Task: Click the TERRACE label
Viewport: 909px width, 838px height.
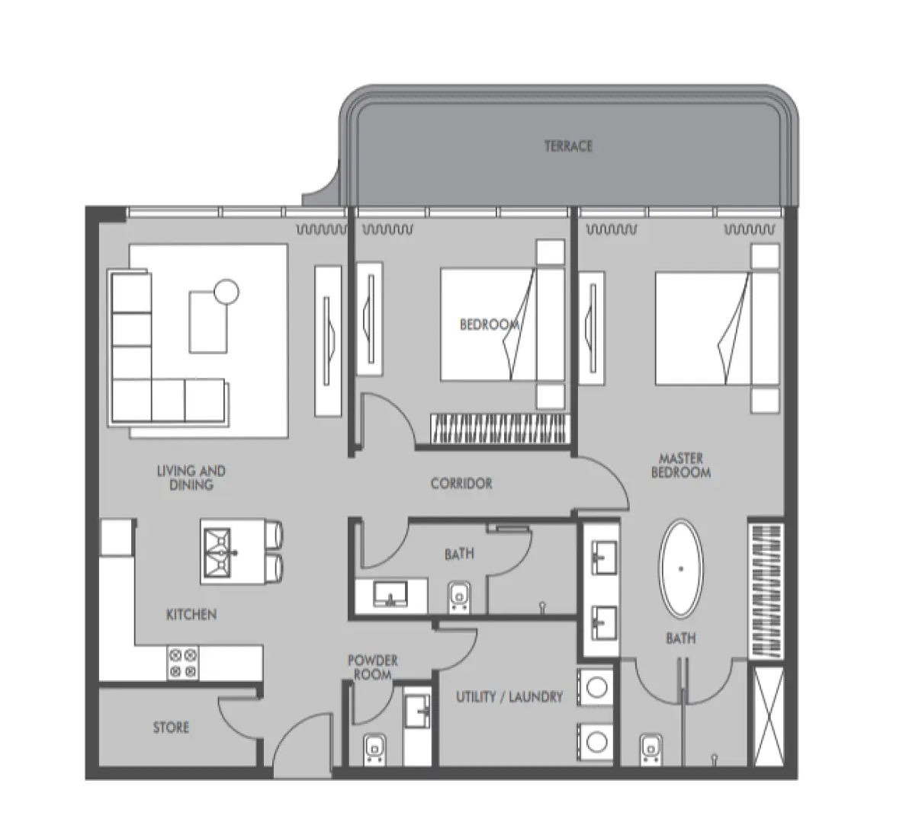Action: coord(568,146)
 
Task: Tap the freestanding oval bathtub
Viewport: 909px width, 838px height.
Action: coord(680,568)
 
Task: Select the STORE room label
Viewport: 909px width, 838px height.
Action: coord(171,728)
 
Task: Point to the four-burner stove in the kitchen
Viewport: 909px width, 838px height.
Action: coord(182,662)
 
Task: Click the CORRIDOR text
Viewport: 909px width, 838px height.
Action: coord(461,484)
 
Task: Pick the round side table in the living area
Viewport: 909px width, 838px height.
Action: coord(226,291)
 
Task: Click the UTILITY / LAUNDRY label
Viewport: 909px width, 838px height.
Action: coord(509,696)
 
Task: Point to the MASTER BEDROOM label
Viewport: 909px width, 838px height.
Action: coord(681,465)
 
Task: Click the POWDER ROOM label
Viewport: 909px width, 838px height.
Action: coord(373,667)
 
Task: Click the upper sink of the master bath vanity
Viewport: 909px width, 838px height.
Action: coord(603,558)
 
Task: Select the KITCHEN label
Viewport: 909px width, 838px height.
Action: coord(191,614)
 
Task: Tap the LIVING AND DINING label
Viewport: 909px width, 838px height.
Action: coord(191,478)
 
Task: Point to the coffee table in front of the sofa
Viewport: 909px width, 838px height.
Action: coord(208,321)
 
